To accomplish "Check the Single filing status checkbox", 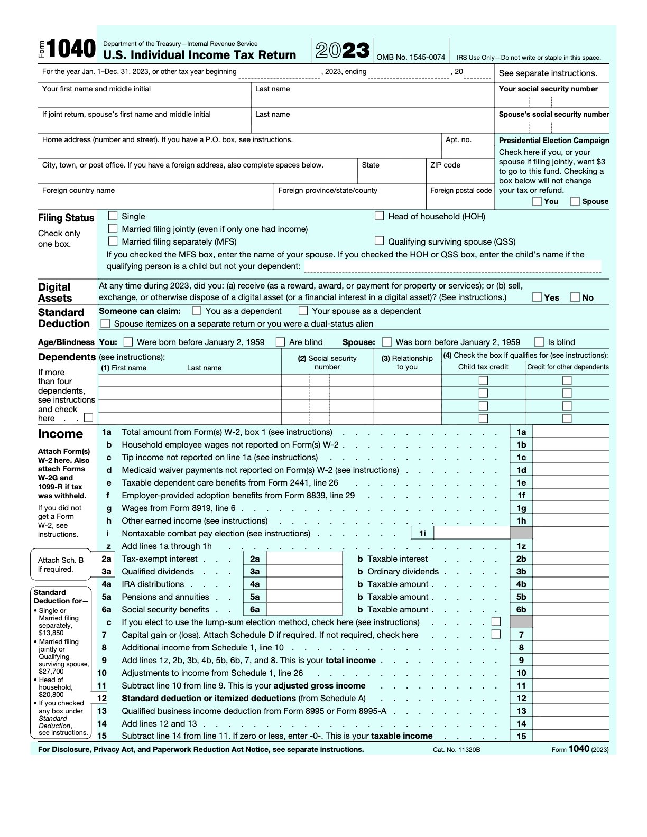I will [x=113, y=216].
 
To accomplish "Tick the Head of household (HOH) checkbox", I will [x=379, y=216].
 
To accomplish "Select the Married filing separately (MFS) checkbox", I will [x=113, y=241].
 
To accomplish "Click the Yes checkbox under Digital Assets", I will [x=537, y=297].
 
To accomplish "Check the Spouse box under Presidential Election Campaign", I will [x=575, y=201].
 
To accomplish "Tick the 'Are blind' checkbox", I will [x=281, y=342].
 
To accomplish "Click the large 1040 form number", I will [x=71, y=50].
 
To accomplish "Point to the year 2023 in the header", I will [x=343, y=51].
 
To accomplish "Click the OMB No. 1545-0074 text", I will [x=411, y=58].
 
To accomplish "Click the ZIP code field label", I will [x=445, y=165].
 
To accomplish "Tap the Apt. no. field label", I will [x=458, y=139].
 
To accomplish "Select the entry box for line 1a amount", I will [x=570, y=432].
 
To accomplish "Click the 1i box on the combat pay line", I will [x=422, y=534].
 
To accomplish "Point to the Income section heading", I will [x=60, y=434].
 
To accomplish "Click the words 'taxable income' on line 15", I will [x=402, y=736].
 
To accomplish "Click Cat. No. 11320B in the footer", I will [x=456, y=750].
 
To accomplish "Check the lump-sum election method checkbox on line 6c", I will [x=496, y=621].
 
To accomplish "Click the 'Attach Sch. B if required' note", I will [x=61, y=564].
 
